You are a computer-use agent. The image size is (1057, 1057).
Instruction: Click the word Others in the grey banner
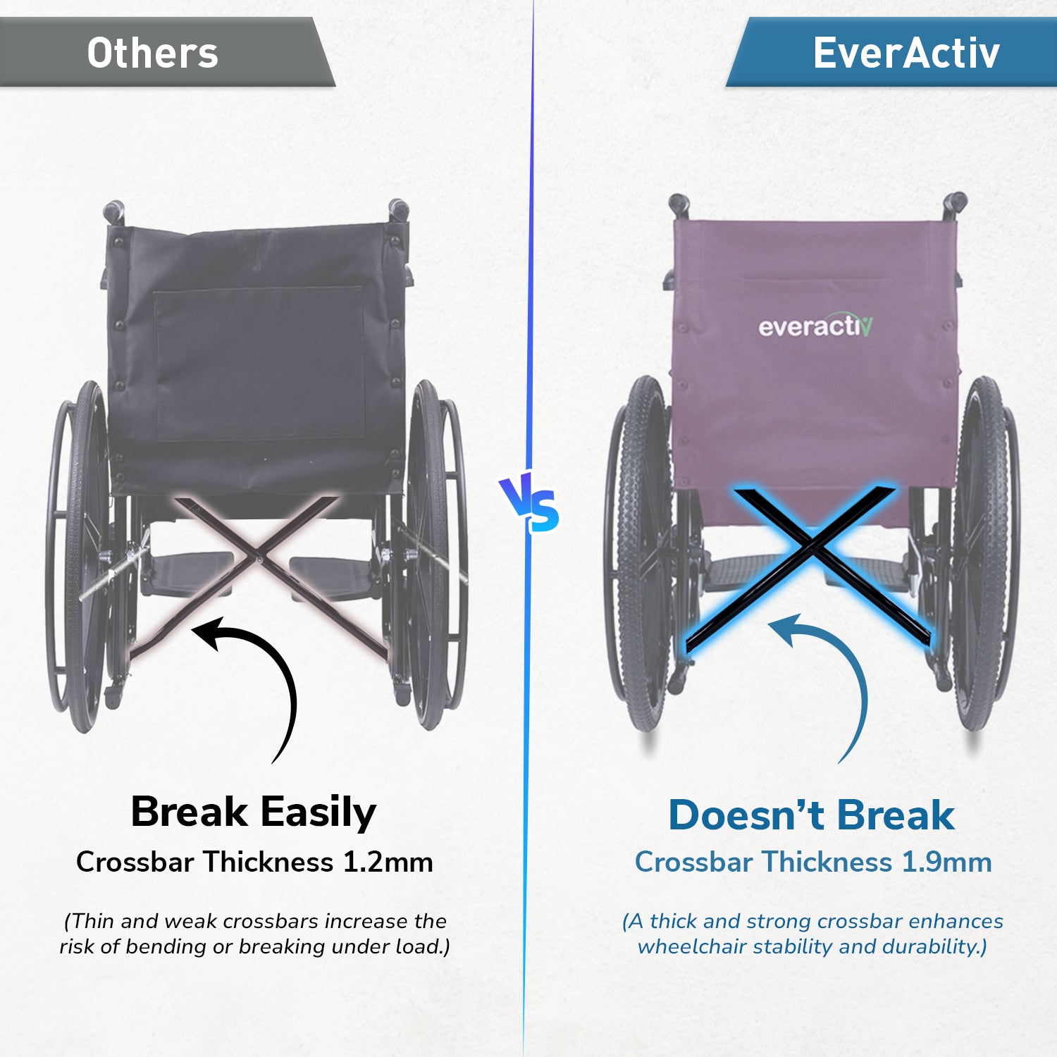(x=152, y=54)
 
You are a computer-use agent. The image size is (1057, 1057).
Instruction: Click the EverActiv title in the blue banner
(x=906, y=53)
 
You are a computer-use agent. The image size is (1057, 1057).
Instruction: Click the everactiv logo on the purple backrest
(x=815, y=326)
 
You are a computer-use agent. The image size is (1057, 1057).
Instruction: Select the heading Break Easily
(x=254, y=812)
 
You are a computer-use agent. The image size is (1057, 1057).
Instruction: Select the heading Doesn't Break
(x=812, y=815)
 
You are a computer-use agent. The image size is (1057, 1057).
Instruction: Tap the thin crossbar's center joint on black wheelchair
(x=260, y=559)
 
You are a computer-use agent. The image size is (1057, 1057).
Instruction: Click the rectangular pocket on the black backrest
(x=259, y=363)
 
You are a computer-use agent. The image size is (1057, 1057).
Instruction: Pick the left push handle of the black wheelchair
(x=113, y=211)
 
